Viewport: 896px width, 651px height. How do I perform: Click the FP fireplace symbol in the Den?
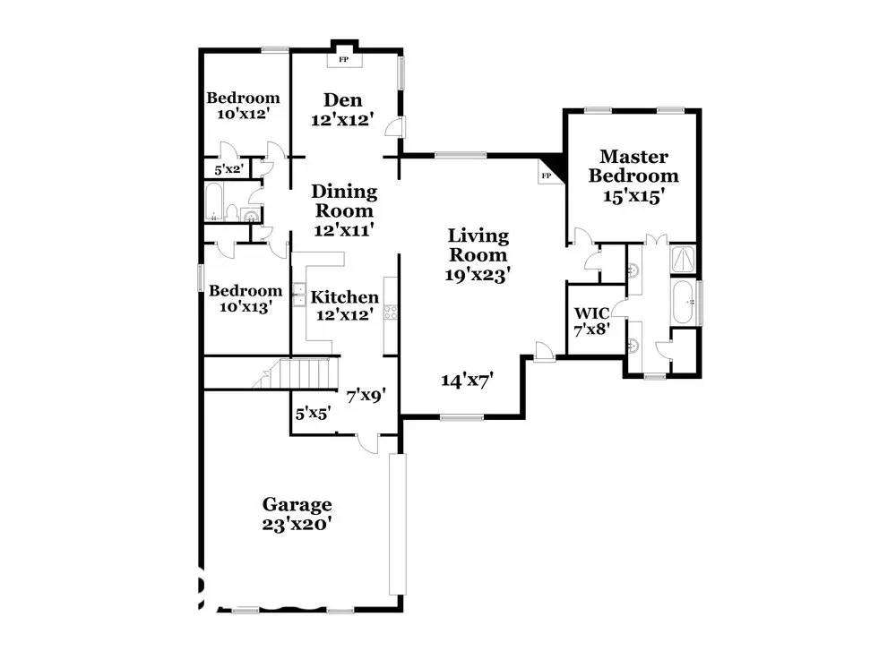click(x=343, y=59)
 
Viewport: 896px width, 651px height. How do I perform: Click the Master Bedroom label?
click(x=633, y=166)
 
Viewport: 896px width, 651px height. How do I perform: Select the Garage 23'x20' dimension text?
click(x=297, y=524)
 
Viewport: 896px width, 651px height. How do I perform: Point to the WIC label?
click(x=591, y=313)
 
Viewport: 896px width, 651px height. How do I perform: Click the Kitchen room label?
click(x=345, y=297)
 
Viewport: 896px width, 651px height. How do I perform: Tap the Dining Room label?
click(x=344, y=201)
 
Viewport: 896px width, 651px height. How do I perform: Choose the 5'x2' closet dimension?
click(x=229, y=169)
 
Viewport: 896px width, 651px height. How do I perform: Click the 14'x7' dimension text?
click(x=468, y=380)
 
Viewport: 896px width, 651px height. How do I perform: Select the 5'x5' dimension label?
click(x=313, y=414)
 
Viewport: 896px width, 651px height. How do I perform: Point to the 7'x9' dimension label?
click(x=366, y=395)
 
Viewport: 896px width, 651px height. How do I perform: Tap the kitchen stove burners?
click(x=391, y=312)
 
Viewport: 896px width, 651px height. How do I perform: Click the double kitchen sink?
click(x=298, y=295)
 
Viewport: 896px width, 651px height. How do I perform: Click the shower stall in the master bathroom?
click(x=684, y=260)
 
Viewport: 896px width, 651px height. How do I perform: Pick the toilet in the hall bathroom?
click(x=232, y=212)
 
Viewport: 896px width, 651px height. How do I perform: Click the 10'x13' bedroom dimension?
click(x=246, y=307)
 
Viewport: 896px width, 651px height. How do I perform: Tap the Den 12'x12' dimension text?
click(x=343, y=120)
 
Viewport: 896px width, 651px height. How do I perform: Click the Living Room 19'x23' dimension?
click(x=478, y=275)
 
